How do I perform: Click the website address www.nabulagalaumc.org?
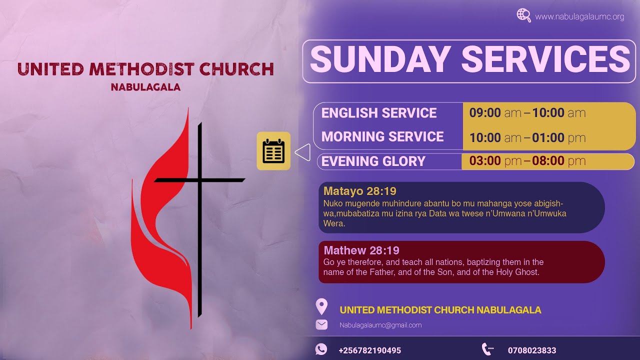(579, 17)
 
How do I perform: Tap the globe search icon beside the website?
(523, 15)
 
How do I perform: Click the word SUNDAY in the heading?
(380, 60)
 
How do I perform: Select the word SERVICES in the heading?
(545, 60)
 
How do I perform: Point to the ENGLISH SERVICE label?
(379, 113)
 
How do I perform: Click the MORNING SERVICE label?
(382, 136)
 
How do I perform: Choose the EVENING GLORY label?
(373, 161)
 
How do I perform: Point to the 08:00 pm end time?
(558, 161)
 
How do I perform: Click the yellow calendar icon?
(273, 151)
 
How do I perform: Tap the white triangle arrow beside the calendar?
(303, 152)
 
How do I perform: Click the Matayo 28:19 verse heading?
(360, 191)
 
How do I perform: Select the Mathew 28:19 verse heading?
(361, 250)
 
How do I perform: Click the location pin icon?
(321, 306)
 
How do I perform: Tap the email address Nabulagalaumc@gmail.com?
(380, 325)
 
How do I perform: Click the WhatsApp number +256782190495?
(369, 350)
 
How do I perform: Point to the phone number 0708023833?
(532, 350)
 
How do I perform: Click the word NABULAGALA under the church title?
(145, 87)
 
